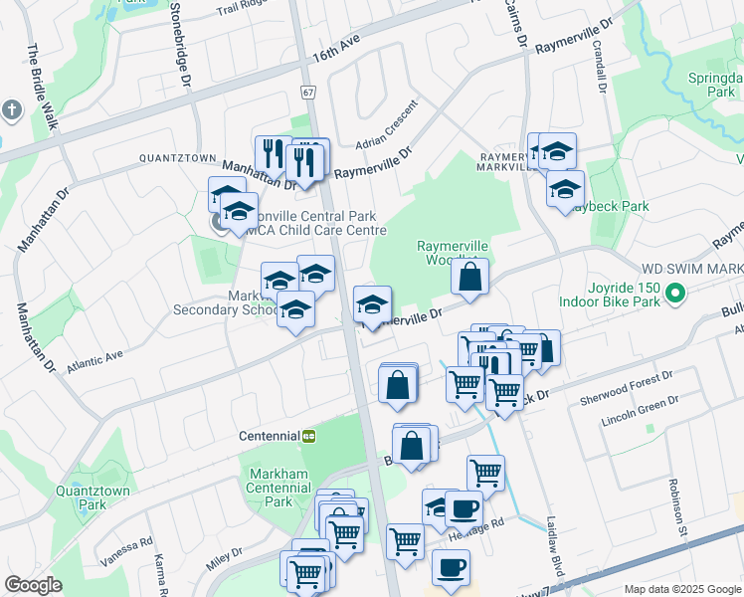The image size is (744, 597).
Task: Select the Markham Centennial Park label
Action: pos(279,487)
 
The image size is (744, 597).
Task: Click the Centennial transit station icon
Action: pos(309,436)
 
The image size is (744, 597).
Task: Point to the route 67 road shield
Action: pos(308,93)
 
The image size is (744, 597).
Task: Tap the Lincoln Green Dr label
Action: pos(640,411)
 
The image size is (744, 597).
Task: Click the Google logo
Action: pos(33,585)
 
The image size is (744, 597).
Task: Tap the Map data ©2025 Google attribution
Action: pos(682,589)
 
